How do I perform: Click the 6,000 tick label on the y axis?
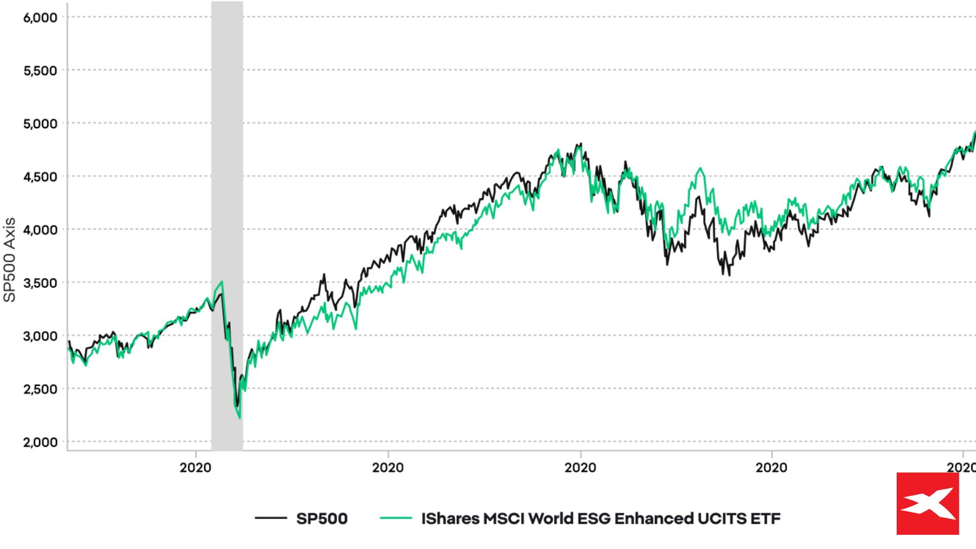(40, 18)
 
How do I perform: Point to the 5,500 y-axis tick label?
(40, 71)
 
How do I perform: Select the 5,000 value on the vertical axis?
(40, 124)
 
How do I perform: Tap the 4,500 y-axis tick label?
(40, 177)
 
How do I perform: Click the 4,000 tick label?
(40, 230)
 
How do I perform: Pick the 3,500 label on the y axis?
(40, 283)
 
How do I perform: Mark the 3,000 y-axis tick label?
(40, 336)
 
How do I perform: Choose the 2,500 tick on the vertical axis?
(40, 389)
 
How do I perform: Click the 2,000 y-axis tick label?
(40, 442)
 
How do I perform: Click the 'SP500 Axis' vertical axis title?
(10, 260)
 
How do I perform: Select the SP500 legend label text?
(322, 518)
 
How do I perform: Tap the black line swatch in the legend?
(271, 518)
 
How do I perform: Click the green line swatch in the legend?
(396, 518)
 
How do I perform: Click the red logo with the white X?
(928, 504)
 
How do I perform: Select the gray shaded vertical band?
(227, 152)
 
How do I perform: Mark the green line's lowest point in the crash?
(240, 418)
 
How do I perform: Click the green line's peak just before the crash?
(222, 282)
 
